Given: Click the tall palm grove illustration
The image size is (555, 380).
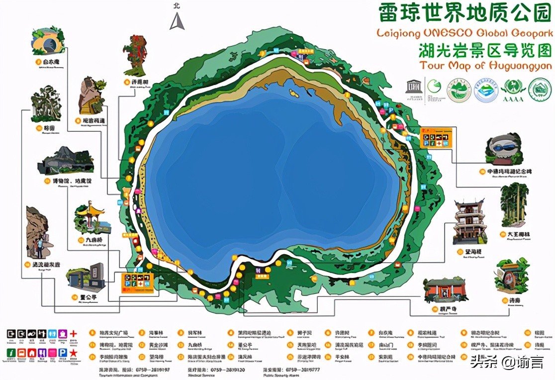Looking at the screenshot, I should [514, 205].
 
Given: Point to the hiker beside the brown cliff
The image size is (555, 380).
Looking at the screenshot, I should [40, 245].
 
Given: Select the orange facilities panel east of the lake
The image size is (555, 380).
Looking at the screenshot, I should [437, 137].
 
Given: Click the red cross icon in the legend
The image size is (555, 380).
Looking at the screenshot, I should [74, 333].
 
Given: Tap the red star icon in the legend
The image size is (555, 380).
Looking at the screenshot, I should [74, 353].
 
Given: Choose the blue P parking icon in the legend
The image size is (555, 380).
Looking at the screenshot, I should [63, 353].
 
